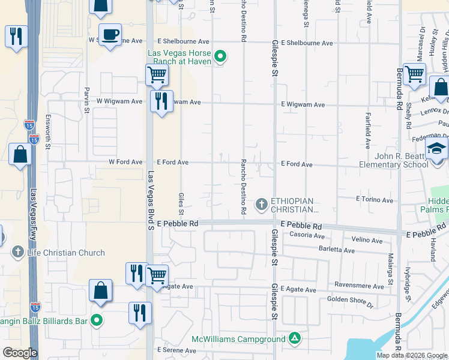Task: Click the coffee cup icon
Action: (110, 34)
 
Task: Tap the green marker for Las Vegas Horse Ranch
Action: (220, 58)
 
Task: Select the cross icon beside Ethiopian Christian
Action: (261, 205)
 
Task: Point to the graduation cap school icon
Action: (436, 148)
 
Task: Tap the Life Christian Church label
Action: (66, 253)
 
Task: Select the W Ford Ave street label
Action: (125, 162)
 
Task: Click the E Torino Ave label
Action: (373, 198)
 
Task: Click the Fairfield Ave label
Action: (367, 130)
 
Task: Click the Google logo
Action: (20, 353)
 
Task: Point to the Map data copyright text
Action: (412, 355)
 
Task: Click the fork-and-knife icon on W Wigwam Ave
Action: (160, 101)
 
